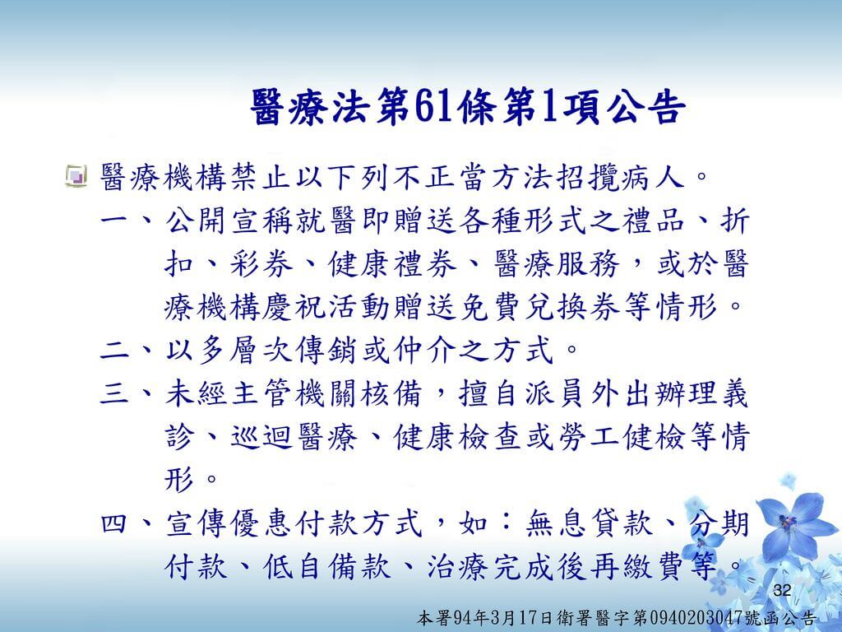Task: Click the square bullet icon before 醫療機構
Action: coord(76,176)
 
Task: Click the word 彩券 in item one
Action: coord(262,263)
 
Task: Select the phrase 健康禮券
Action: coord(392,263)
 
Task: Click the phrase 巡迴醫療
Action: coord(294,437)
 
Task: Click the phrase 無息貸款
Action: coord(589,523)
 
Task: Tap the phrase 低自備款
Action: coord(327,567)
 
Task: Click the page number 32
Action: coord(783,590)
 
